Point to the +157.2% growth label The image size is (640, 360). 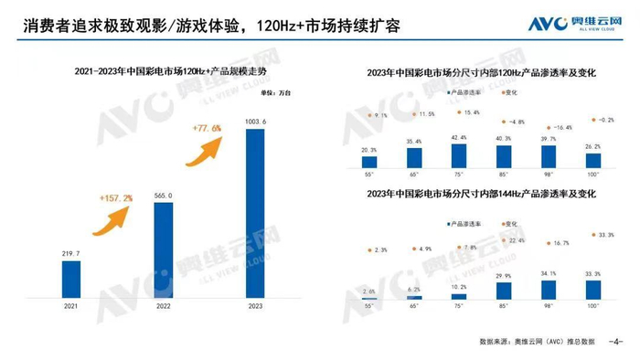116,197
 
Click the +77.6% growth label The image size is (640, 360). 208,129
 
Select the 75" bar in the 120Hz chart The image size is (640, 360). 458,156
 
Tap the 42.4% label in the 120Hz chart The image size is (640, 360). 458,138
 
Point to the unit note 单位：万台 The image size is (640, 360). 272,92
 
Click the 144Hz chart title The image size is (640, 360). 481,194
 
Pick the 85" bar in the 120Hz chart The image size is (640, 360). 504,157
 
